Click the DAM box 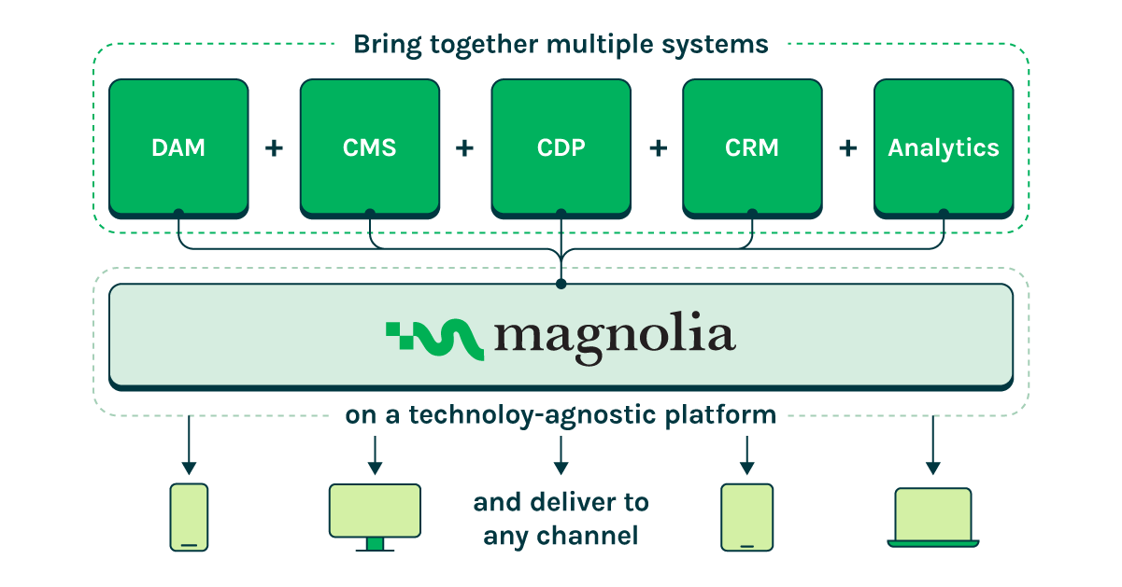(178, 147)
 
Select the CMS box (369, 147)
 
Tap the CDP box (561, 147)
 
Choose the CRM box (752, 147)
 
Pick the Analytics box (944, 147)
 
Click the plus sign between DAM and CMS (274, 147)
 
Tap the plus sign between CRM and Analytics (848, 147)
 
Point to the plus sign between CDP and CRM (657, 147)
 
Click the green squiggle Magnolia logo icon (434, 339)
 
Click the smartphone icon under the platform (189, 517)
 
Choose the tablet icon (746, 517)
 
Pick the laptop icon (932, 516)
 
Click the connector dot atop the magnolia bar (561, 283)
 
